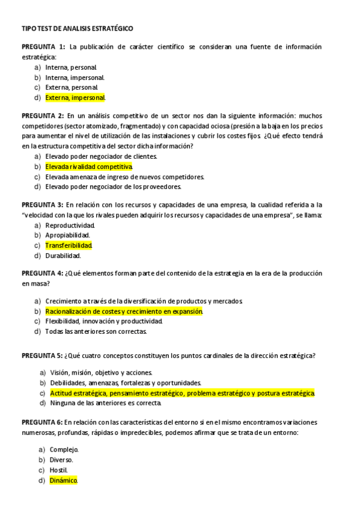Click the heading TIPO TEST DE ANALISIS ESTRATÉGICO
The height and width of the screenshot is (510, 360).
[78, 28]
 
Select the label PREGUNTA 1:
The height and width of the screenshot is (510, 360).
[43, 47]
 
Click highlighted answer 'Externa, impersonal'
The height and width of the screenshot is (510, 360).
[75, 97]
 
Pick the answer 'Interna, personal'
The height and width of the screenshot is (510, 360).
[70, 67]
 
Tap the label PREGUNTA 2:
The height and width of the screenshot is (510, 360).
[43, 115]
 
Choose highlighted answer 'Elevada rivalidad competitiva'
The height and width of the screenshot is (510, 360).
[88, 167]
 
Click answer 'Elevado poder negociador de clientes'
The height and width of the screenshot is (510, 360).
[101, 156]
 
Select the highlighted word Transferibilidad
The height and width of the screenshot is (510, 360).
[69, 245]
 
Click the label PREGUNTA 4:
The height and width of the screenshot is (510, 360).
[42, 273]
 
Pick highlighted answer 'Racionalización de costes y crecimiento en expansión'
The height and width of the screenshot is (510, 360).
[124, 312]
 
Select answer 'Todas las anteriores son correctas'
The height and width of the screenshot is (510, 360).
[96, 331]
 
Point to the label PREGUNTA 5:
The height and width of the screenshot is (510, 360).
[42, 355]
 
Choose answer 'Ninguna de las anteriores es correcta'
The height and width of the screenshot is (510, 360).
[106, 403]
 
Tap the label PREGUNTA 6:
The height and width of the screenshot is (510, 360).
[42, 422]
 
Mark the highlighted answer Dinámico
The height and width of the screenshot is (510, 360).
[64, 481]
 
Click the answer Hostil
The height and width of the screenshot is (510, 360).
[59, 470]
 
